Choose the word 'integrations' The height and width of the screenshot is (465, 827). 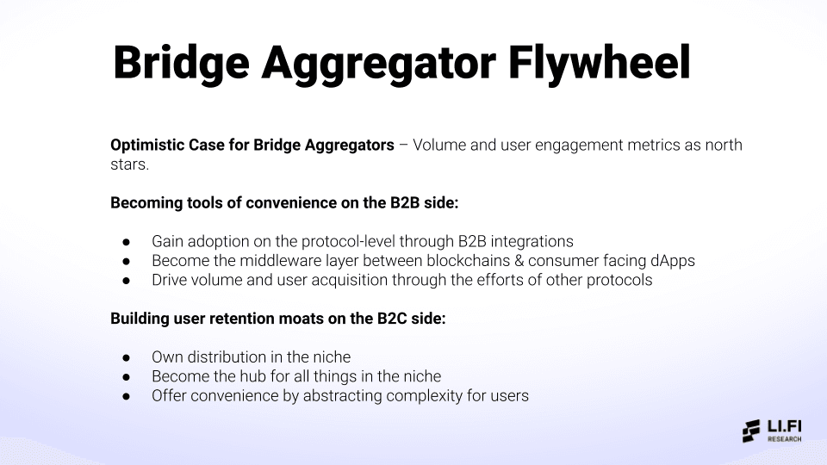532,241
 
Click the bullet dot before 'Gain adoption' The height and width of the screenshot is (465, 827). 126,241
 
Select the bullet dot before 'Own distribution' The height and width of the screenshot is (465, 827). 126,356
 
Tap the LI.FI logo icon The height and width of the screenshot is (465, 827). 751,431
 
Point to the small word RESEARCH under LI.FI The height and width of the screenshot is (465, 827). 784,439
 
